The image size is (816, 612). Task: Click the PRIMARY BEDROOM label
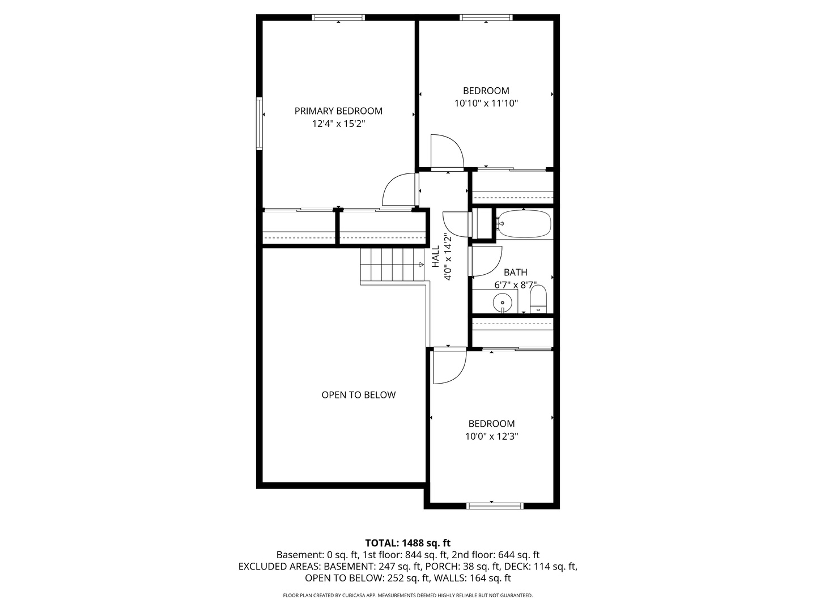pos(338,111)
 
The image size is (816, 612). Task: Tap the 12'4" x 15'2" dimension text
pos(338,124)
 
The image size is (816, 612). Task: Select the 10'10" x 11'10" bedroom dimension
pos(486,103)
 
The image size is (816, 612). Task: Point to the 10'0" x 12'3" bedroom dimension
pos(491,436)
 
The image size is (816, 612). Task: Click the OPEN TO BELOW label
pos(358,395)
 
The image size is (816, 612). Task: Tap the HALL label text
pos(436,256)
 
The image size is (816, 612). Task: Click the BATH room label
pos(515,273)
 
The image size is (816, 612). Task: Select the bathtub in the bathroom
pos(524,224)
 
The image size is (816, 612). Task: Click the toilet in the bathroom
pos(538,299)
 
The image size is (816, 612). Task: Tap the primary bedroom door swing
pos(399,190)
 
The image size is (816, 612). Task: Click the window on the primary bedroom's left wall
pos(260,124)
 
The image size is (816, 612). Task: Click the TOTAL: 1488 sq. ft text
pos(407,543)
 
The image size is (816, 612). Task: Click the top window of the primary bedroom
pos(338,18)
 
